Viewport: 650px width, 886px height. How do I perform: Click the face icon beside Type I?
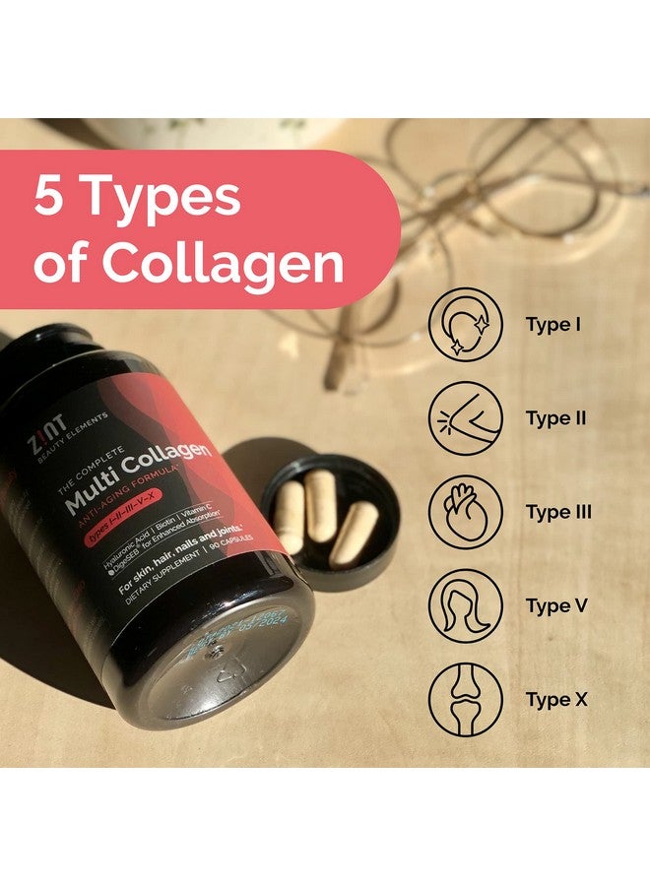point(466,324)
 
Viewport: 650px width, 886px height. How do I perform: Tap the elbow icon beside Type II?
point(466,418)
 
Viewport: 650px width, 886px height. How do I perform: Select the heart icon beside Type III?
point(466,513)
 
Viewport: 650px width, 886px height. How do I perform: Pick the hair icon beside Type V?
point(466,606)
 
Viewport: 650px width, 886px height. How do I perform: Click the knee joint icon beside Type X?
point(466,701)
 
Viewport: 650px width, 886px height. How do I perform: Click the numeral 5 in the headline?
point(49,197)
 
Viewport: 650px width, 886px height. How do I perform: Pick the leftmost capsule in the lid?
point(290,516)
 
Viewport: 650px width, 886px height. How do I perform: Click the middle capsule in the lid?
point(320,502)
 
